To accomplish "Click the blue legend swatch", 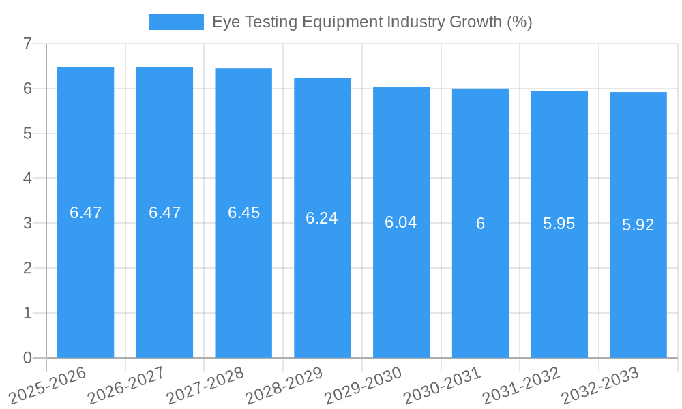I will coord(176,22).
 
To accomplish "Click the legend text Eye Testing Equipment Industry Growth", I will coord(372,22).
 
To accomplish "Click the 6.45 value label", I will coord(243,213).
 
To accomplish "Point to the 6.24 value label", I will coord(322,218).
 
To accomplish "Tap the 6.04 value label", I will coord(401,222).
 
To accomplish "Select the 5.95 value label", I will coord(559,224).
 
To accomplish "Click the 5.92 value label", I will coord(638,225).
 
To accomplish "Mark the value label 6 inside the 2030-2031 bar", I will coord(480,224).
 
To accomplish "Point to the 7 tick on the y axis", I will coord(27,44).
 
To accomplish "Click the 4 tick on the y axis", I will coord(27,179).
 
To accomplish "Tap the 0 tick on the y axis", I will coord(27,358).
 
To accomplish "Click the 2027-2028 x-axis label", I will coord(204,386).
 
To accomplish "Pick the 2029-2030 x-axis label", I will coord(362,386).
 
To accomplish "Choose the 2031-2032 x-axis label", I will coord(520,386).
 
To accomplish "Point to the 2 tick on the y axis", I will coord(27,268).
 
